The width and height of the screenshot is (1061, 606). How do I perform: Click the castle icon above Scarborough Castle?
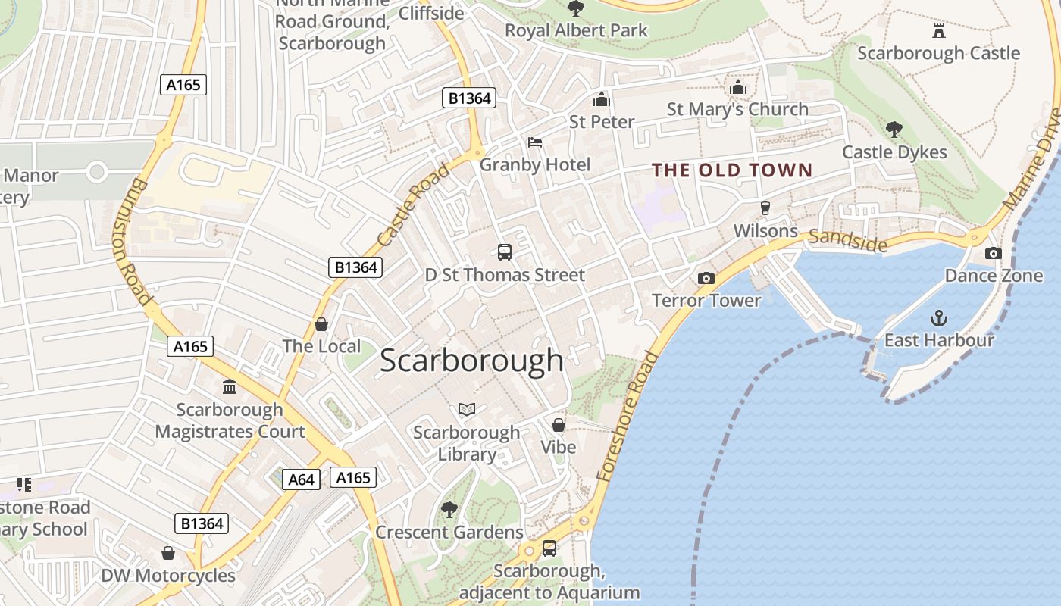(x=939, y=31)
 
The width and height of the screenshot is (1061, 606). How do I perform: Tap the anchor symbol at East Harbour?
(x=939, y=317)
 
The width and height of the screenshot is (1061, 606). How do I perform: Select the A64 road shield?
(x=301, y=479)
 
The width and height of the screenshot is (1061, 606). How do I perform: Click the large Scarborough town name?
(x=471, y=361)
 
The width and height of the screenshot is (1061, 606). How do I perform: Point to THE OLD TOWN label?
(x=732, y=170)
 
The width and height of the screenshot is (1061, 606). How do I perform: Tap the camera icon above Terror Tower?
(x=706, y=278)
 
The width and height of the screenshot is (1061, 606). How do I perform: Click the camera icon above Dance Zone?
(x=993, y=253)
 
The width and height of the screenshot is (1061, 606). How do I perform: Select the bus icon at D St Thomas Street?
(x=505, y=252)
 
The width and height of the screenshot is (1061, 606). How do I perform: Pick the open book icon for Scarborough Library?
(x=467, y=410)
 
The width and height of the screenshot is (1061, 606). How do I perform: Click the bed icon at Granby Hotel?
(x=535, y=142)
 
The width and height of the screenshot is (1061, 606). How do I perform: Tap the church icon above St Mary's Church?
(x=738, y=87)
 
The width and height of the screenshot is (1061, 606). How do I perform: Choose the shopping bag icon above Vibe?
(x=559, y=425)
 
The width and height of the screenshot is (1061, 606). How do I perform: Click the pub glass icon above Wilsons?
(x=765, y=208)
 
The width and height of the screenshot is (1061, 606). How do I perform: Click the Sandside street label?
(x=847, y=240)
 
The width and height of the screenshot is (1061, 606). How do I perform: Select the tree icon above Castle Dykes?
(x=894, y=130)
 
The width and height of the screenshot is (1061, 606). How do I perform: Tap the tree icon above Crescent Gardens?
(x=449, y=510)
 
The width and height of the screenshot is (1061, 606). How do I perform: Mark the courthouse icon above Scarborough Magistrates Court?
(x=230, y=387)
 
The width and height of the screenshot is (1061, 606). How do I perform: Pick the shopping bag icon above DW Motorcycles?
(x=168, y=553)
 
